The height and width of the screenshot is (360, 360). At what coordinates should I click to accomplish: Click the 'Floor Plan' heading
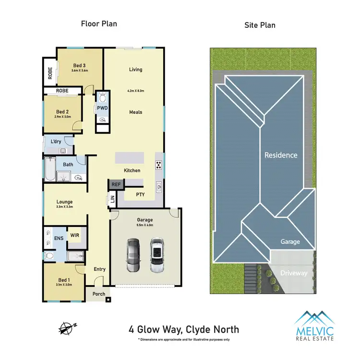[x=99, y=23]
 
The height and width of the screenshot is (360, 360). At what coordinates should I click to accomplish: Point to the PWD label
[x=102, y=108]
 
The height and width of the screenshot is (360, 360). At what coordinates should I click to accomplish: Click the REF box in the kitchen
[x=116, y=184]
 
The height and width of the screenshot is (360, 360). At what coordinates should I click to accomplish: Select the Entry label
[x=99, y=269]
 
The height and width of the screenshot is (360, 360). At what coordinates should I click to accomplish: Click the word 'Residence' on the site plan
[x=281, y=155]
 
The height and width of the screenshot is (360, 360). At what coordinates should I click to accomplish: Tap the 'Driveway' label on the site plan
[x=294, y=273]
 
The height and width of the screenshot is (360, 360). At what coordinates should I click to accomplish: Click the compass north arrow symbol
[x=67, y=328]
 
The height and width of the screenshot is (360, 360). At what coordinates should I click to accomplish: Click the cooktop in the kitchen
[x=158, y=165]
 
